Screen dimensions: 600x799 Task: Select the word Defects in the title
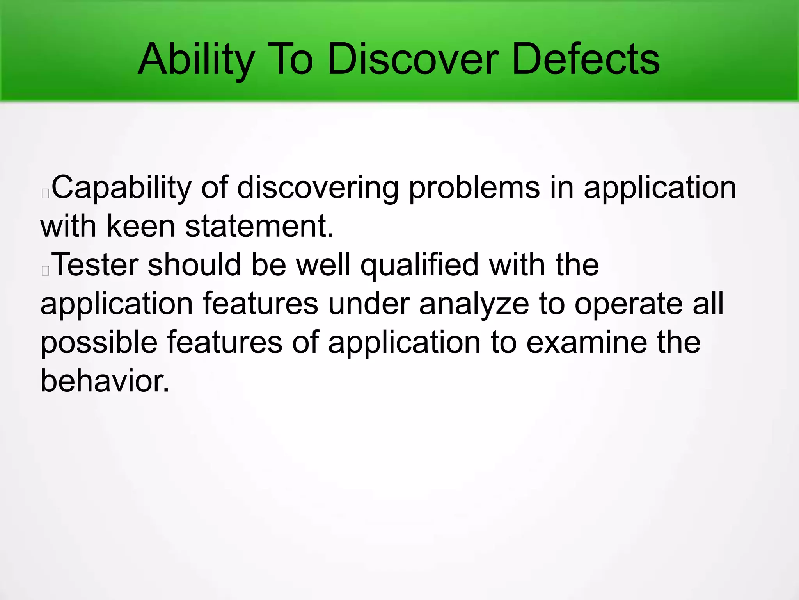pyautogui.click(x=585, y=59)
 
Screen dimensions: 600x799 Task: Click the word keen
pyautogui.click(x=140, y=226)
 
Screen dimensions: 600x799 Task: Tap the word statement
pyautogui.click(x=259, y=226)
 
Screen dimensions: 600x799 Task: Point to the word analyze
pyautogui.click(x=474, y=304)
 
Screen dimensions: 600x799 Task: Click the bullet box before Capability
pyautogui.click(x=45, y=193)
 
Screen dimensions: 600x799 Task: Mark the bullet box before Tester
pyautogui.click(x=45, y=271)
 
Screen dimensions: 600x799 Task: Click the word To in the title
pyautogui.click(x=289, y=59)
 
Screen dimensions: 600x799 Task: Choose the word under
pyautogui.click(x=369, y=304)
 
